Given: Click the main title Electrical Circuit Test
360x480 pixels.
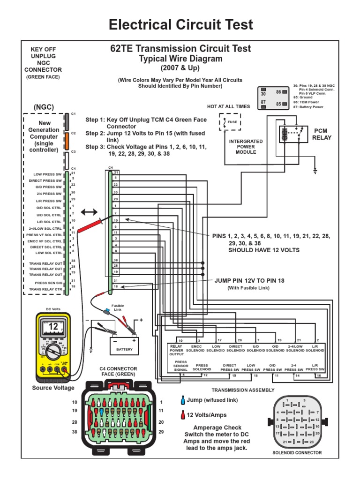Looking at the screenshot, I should tap(180, 24).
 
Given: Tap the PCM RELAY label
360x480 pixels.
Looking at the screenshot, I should tap(322, 134).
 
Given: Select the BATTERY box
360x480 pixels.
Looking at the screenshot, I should tap(124, 349).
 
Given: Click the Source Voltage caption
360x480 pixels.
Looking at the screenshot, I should tap(53, 388).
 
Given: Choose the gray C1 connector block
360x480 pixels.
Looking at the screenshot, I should tap(67, 121).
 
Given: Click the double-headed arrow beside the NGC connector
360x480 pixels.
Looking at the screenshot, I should tap(90, 212).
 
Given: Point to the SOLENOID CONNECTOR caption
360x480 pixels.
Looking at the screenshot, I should tap(297, 452).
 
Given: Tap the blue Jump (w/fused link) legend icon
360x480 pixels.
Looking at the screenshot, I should tap(182, 400).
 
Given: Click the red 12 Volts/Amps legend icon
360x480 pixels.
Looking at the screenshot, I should tap(182, 415).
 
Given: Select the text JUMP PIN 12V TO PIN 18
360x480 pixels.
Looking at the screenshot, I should tap(249, 280).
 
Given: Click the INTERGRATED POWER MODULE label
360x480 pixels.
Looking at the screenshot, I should tap(246, 146).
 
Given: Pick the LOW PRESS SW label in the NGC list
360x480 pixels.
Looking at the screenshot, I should tap(47, 174).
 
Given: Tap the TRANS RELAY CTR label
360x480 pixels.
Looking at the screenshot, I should tap(45, 290).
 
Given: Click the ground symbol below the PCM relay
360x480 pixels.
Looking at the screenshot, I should tap(315, 172).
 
